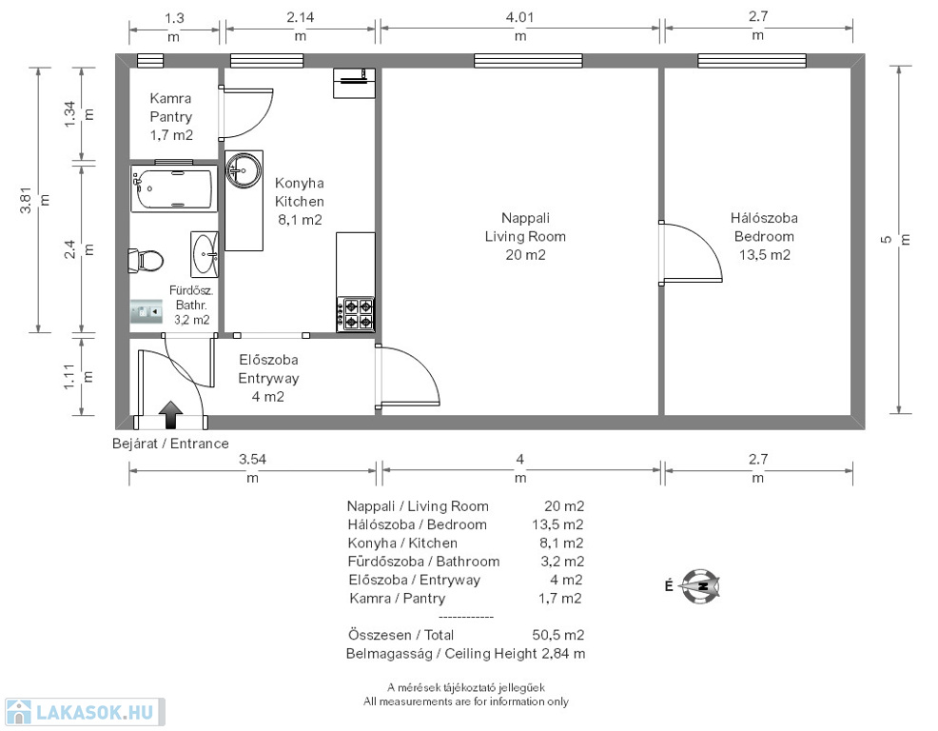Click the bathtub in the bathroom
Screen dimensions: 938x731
(x=174, y=188)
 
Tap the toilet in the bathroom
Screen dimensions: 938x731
(x=146, y=261)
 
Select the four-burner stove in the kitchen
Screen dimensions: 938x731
(x=356, y=314)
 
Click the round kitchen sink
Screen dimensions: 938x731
(x=244, y=170)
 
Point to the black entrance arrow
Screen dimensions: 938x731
(x=171, y=415)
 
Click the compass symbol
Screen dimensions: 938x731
(x=700, y=586)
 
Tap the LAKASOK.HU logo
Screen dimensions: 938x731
(x=85, y=713)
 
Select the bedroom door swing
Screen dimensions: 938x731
(x=691, y=251)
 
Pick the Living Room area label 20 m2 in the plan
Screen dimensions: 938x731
(x=525, y=255)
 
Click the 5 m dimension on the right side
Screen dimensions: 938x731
(x=895, y=239)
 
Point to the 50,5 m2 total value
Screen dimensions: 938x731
(x=557, y=635)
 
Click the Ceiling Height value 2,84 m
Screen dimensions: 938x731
(x=563, y=653)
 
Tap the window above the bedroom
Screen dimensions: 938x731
(x=752, y=61)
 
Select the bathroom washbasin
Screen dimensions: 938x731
(x=204, y=254)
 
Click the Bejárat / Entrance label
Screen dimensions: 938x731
(x=170, y=444)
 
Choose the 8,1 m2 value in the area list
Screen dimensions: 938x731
(x=561, y=543)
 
